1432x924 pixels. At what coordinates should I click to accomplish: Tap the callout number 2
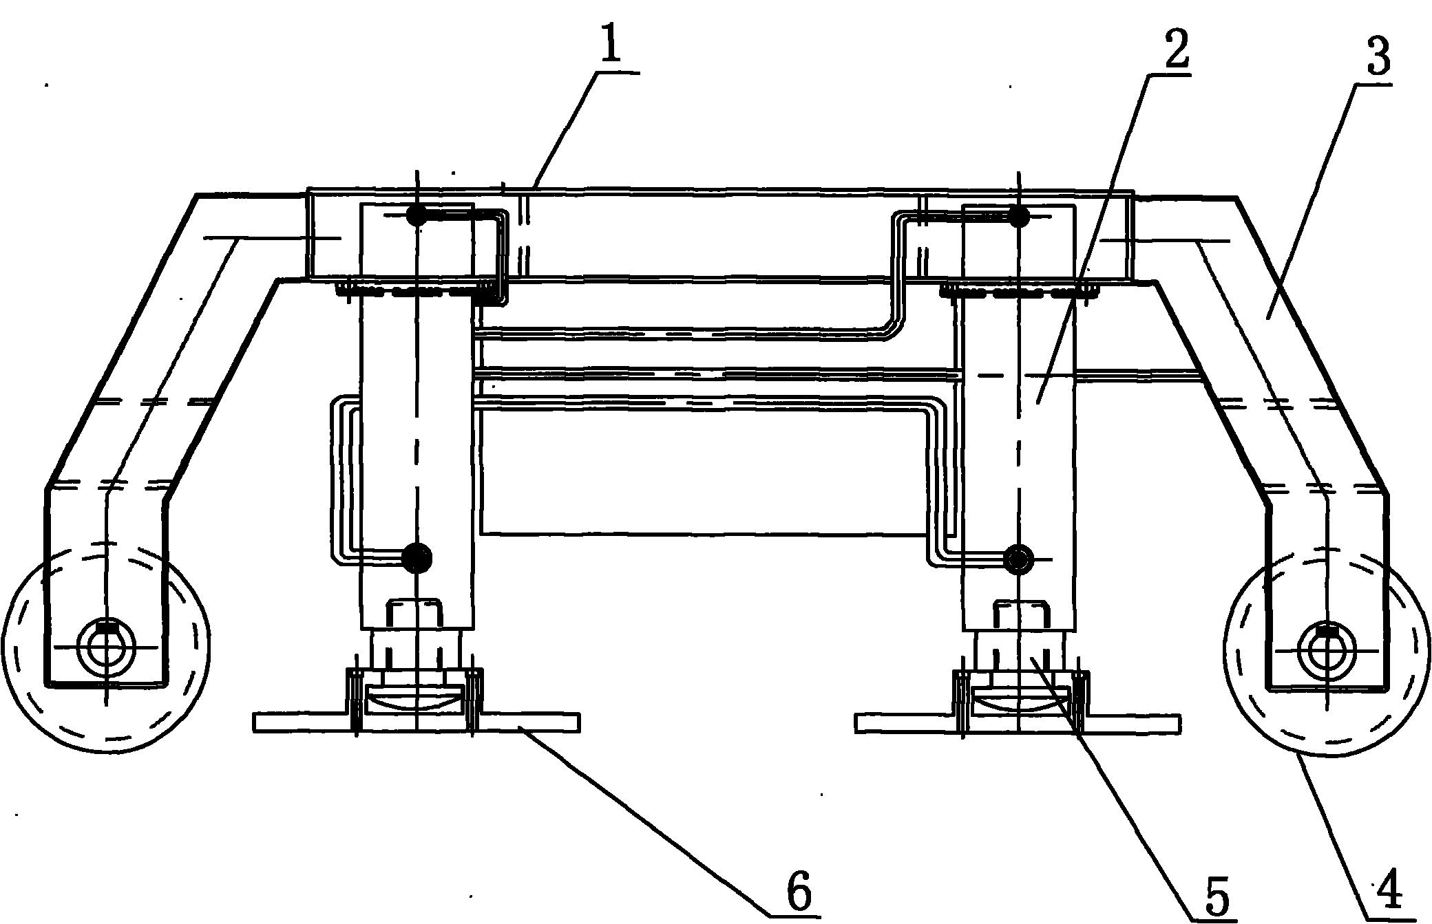coord(1175,43)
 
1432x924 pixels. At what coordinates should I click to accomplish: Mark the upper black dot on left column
coord(417,215)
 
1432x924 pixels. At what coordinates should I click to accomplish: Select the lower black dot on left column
coord(417,557)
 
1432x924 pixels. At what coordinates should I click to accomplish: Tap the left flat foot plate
coord(417,722)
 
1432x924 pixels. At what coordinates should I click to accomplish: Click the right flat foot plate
coord(1018,723)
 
